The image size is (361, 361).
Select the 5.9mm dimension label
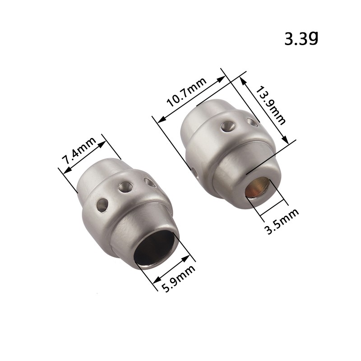click(x=178, y=278)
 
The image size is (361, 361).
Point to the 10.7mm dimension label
click(x=186, y=93)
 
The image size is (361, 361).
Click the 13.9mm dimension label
click(x=271, y=106)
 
